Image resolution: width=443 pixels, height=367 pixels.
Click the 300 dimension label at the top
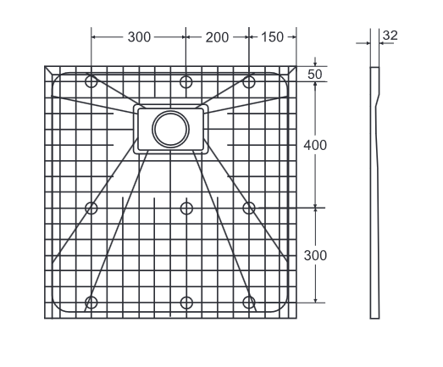coord(139,37)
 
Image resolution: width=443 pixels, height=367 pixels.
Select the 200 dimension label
coord(217,37)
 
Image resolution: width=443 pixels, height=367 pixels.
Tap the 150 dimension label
coord(273,37)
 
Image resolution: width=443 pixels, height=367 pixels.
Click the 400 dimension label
coord(315,145)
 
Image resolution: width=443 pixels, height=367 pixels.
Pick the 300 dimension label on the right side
coord(315,255)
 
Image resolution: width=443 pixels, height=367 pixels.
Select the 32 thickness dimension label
coord(390,35)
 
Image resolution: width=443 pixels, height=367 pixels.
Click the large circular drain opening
coord(169,128)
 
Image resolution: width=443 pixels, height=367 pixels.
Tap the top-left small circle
coord(91,81)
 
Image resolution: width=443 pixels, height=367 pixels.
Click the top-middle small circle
coord(186,81)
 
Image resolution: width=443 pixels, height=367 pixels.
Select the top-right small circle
coord(249,81)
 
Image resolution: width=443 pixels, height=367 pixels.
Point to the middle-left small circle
coord(91,208)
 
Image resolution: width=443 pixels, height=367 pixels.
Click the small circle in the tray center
coord(186,208)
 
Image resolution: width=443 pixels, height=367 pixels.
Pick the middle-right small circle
coord(249,208)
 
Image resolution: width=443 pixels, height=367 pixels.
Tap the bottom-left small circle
coord(91,303)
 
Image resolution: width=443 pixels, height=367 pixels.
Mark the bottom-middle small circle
coord(186,303)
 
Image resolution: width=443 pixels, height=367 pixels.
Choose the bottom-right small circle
coord(249,303)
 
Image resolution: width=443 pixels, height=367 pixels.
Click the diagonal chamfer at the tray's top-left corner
coord(48,71)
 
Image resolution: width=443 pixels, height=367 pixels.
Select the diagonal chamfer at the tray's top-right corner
coord(292,71)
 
